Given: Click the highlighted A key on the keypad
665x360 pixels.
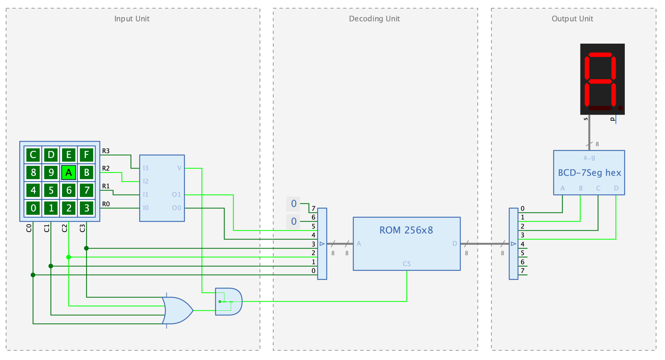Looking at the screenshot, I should [69, 172].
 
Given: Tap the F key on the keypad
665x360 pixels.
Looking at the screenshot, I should [86, 154].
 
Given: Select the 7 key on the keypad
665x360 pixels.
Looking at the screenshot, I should [86, 190].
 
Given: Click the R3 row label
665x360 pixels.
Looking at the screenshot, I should [106, 151].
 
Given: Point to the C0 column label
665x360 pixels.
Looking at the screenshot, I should [29, 228].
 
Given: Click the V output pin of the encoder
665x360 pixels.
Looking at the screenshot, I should [179, 168].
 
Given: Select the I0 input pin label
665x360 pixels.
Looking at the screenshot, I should [146, 208].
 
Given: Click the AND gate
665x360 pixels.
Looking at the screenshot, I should [229, 302].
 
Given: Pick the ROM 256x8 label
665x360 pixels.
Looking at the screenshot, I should [406, 230].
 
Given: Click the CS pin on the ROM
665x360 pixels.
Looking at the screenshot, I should [407, 264].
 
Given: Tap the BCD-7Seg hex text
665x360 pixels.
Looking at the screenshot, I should [589, 173].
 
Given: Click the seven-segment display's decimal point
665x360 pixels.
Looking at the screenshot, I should [620, 108].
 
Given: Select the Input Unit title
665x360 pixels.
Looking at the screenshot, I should [132, 19].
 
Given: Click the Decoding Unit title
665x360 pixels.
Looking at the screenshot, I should [374, 19].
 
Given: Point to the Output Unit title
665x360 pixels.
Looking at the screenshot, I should [572, 19].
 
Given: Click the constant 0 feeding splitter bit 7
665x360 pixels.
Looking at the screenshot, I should [293, 204].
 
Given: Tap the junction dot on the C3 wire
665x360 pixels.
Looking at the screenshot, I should [86, 248].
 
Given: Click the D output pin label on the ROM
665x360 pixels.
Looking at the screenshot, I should [455, 244].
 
